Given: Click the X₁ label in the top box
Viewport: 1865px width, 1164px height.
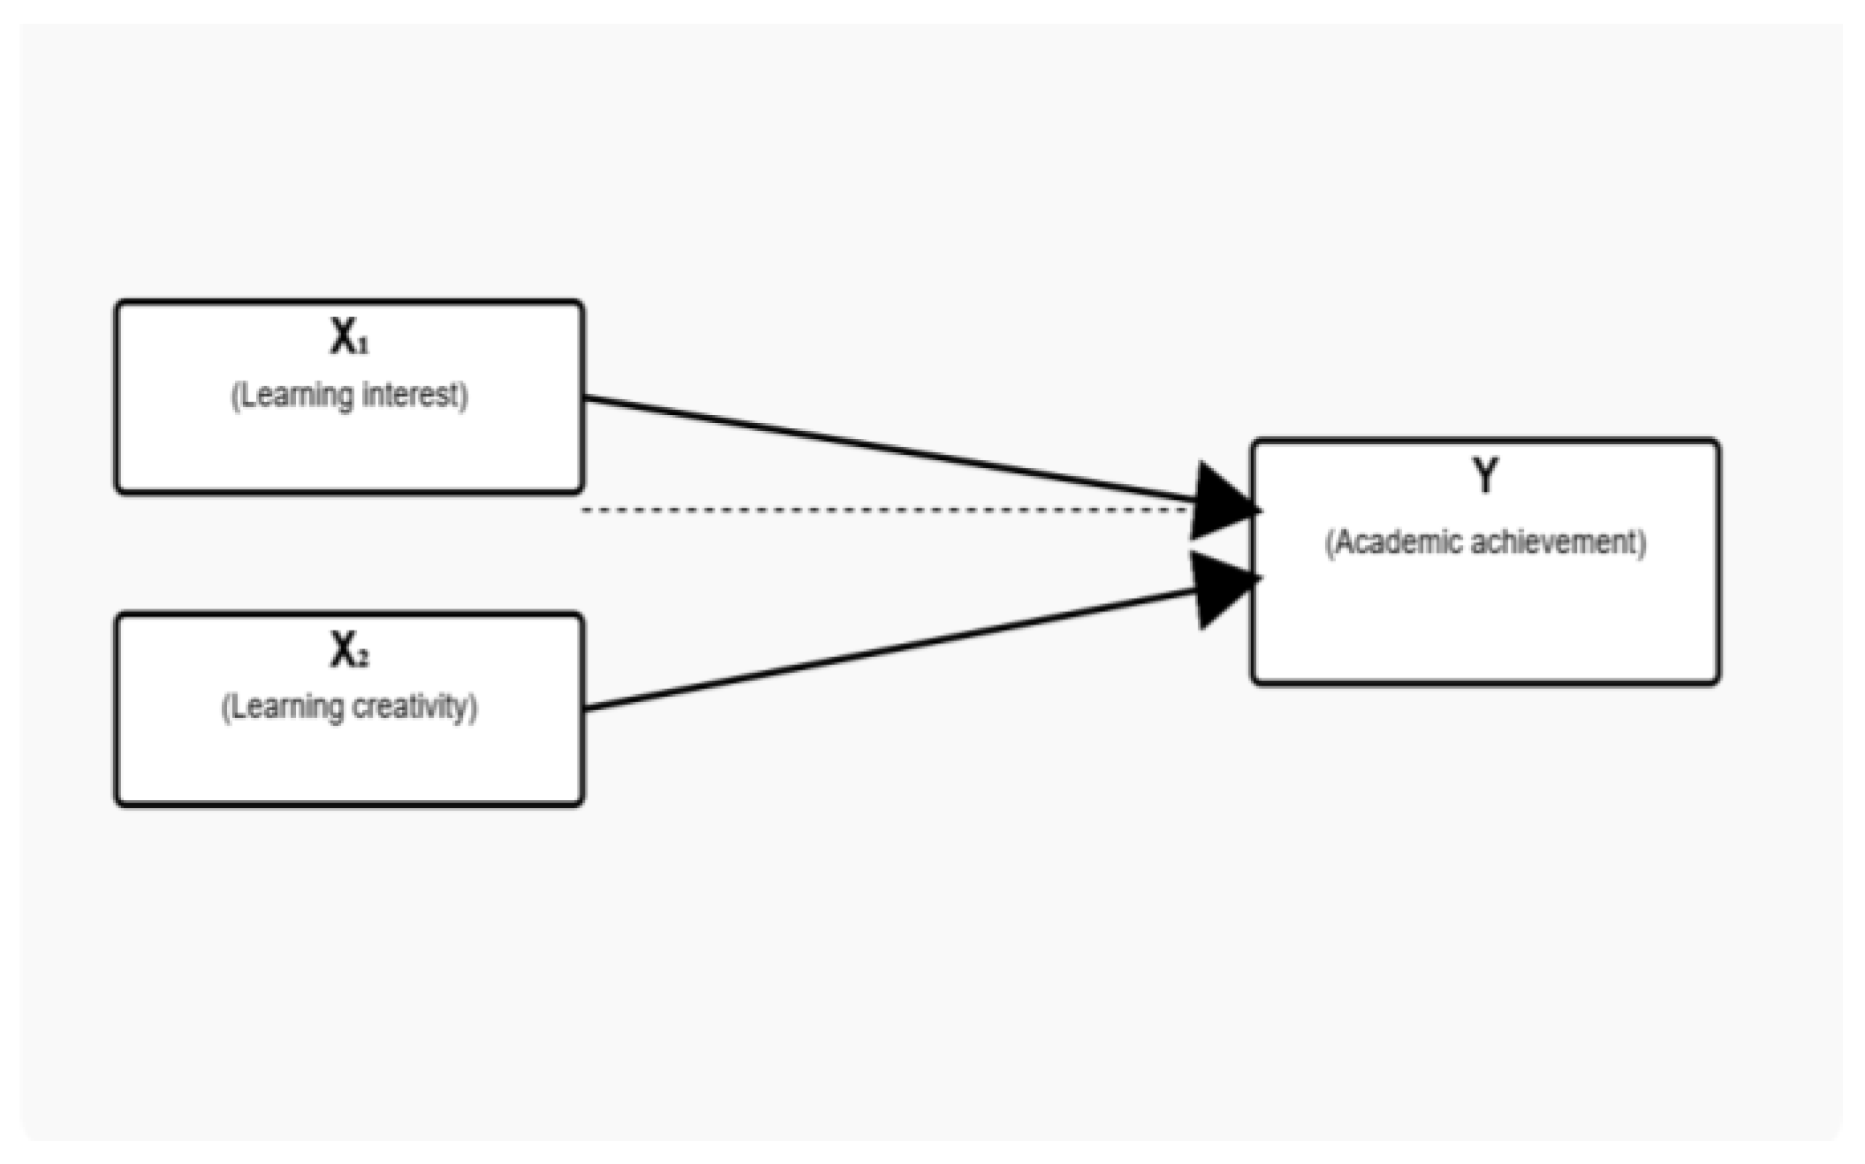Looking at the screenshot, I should (348, 336).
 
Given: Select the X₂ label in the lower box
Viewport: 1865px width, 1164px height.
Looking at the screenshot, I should (348, 652).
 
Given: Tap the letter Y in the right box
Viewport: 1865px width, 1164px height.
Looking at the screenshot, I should (1485, 476).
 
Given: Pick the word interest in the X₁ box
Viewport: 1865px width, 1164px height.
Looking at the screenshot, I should (412, 395).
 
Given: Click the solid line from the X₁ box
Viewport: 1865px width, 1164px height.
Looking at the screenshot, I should (883, 451).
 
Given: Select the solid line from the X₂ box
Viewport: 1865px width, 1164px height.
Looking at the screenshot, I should (883, 649).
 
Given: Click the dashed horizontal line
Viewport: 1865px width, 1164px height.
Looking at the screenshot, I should (883, 510).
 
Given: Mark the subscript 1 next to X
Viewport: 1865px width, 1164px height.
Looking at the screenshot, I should (363, 346).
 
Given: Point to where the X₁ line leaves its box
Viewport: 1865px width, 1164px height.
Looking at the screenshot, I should (587, 398).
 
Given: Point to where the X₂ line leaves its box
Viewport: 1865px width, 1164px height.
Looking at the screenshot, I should (587, 707).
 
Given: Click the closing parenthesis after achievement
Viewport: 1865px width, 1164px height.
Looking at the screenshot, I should (1642, 542).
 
